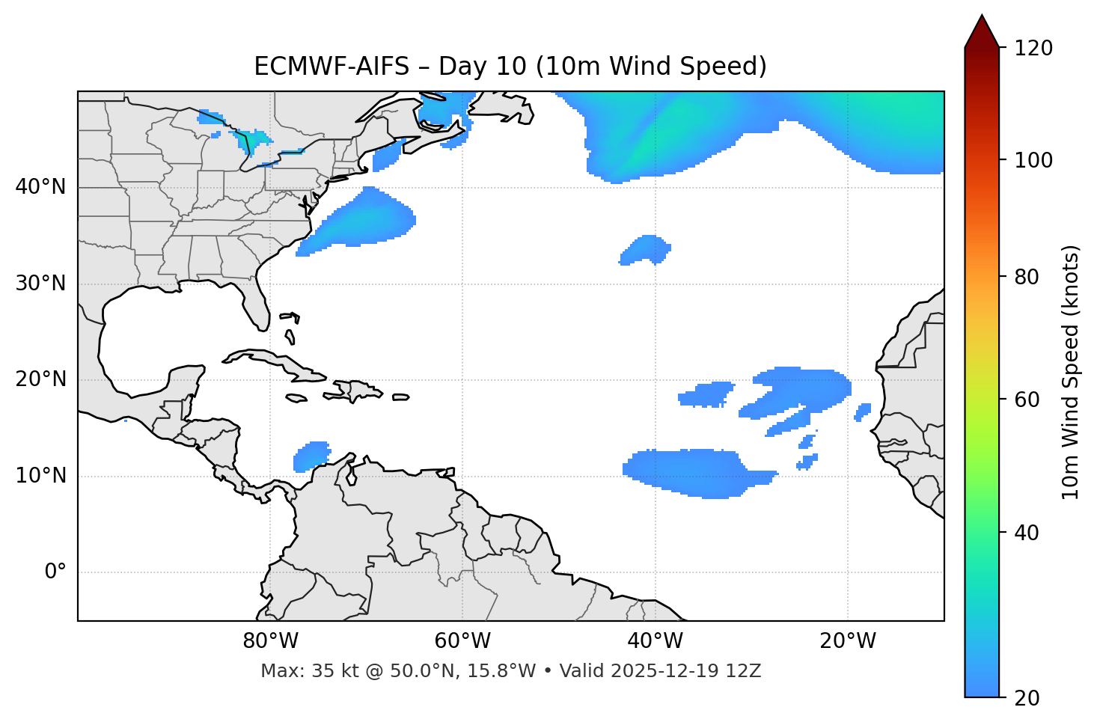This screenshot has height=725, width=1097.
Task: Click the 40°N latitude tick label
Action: click(x=40, y=187)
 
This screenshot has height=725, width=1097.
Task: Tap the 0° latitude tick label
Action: click(x=55, y=572)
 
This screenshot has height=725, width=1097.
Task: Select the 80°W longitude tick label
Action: click(x=270, y=641)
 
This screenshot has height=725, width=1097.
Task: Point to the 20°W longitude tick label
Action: click(x=848, y=641)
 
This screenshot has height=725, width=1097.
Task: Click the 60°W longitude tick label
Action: click(x=462, y=641)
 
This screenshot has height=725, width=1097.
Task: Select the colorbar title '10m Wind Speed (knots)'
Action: click(x=1071, y=373)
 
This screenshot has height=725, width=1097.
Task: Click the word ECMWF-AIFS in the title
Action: click(x=331, y=67)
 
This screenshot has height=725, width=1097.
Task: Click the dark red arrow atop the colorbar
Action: click(x=981, y=34)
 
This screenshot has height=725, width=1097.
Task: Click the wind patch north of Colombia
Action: click(x=311, y=456)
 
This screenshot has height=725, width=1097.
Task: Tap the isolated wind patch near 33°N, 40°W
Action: click(x=646, y=249)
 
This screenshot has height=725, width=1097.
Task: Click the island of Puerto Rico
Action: click(x=401, y=397)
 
